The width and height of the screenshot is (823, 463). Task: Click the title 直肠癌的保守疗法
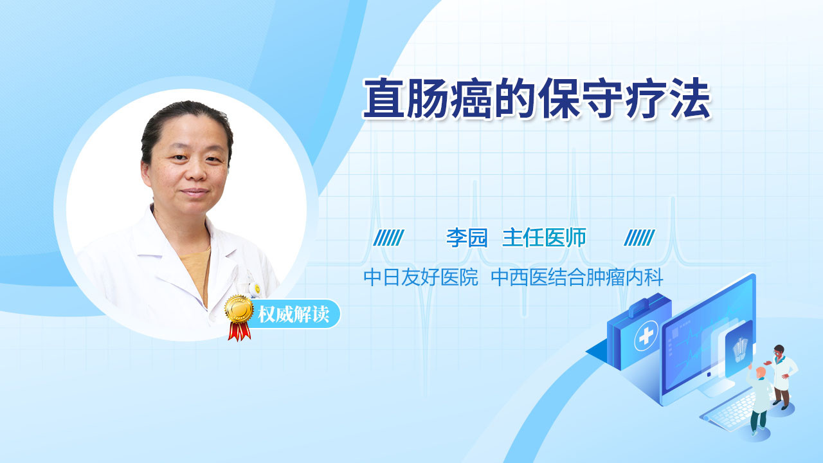[x=537, y=98]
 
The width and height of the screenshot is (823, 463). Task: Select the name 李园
[x=467, y=237]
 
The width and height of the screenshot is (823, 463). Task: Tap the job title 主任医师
[x=544, y=237]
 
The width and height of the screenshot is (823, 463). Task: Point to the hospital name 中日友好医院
[x=421, y=277]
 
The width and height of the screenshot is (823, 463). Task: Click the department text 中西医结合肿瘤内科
[x=577, y=277]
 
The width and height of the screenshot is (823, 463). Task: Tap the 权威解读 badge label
[x=293, y=314]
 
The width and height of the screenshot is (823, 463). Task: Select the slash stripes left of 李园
[x=388, y=238]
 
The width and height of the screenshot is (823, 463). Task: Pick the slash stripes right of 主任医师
[x=639, y=238]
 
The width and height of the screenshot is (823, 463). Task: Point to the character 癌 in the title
[x=472, y=98]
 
